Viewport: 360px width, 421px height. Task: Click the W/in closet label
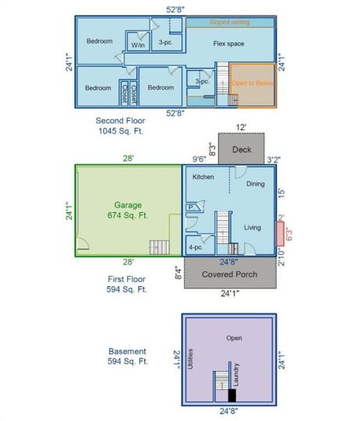[x=138, y=45]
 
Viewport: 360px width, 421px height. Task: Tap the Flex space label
[x=228, y=44]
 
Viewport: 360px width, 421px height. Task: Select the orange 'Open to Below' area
[x=252, y=86]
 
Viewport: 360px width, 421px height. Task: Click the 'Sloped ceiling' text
[x=229, y=22]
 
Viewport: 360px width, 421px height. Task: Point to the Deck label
[x=242, y=150]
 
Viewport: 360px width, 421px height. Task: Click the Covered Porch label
[x=230, y=274]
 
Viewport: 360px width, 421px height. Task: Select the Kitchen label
[x=203, y=177]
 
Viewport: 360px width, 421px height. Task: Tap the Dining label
[x=256, y=184]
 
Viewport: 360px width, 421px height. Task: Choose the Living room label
[x=252, y=228]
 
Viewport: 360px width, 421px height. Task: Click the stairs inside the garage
[x=159, y=247]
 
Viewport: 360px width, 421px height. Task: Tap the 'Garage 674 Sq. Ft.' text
[x=128, y=210]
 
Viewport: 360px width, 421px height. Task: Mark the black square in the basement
[x=231, y=395]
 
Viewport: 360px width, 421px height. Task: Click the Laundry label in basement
[x=236, y=374]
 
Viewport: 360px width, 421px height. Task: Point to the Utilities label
[x=190, y=359]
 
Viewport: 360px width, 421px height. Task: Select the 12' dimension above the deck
[x=241, y=127]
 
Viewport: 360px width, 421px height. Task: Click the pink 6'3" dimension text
[x=289, y=234]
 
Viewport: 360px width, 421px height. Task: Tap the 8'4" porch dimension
[x=178, y=273]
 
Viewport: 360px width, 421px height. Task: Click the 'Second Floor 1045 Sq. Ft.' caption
[x=121, y=126]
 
